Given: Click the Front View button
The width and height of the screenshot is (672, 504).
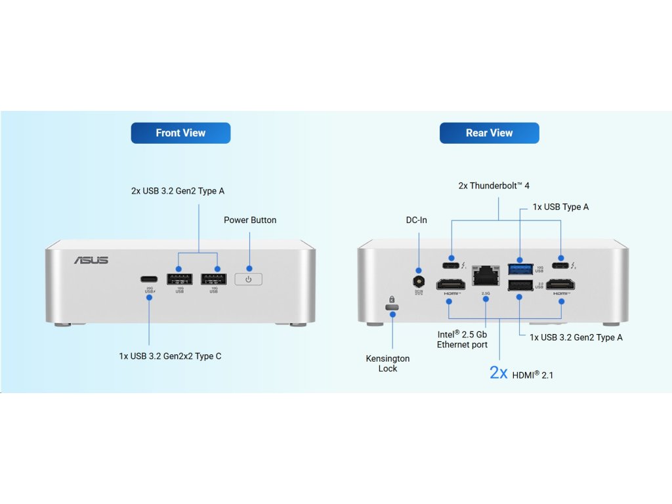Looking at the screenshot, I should click(x=180, y=133).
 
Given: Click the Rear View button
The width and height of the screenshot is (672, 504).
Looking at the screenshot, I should click(x=489, y=133).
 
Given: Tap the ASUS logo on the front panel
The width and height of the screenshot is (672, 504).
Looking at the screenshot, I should click(x=91, y=261).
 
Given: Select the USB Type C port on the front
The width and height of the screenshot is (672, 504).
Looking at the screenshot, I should click(x=149, y=278).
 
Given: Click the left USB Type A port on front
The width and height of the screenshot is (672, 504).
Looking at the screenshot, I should click(x=180, y=278).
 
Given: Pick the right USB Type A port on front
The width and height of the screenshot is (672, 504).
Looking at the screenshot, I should click(x=213, y=278).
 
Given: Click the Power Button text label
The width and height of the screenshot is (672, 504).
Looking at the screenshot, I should click(x=250, y=220).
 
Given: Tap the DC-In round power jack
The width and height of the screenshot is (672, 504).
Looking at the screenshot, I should click(x=417, y=281).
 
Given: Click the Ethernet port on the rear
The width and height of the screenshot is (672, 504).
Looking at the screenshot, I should click(x=486, y=274).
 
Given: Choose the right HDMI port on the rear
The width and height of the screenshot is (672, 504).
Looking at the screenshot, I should click(x=562, y=285).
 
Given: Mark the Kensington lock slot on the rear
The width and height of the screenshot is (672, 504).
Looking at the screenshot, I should click(x=392, y=307).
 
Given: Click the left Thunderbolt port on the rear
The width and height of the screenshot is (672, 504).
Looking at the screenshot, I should click(x=451, y=266).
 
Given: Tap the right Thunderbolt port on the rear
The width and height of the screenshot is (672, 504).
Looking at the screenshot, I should click(x=561, y=266).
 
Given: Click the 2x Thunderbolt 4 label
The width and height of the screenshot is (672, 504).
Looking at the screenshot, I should click(x=493, y=186).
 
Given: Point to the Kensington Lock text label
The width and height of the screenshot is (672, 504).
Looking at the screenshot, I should click(x=388, y=364).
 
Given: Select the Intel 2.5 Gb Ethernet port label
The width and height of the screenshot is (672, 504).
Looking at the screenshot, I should click(x=463, y=339).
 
